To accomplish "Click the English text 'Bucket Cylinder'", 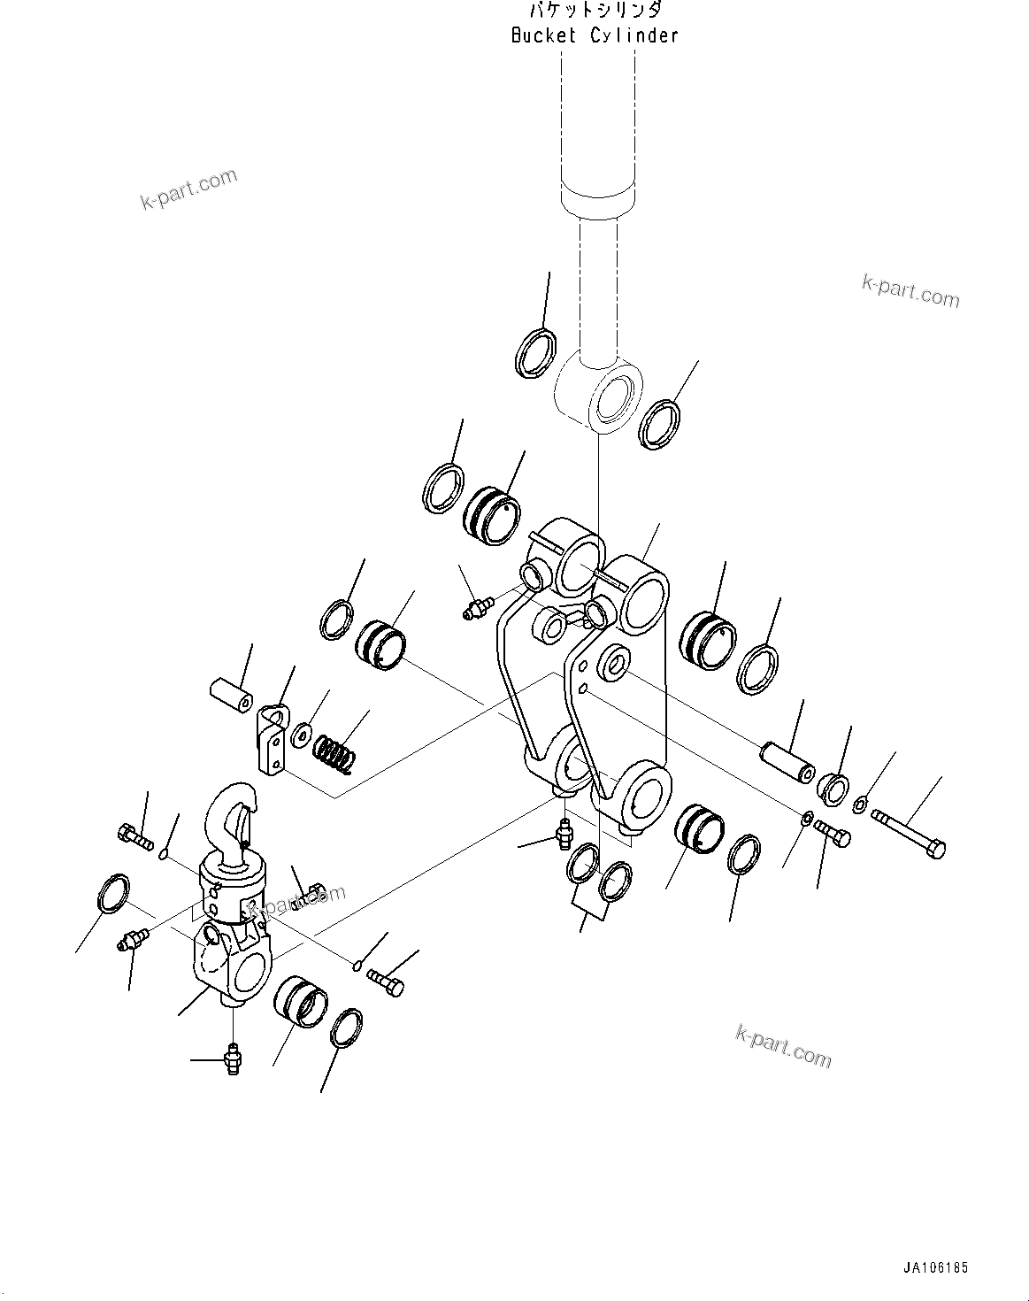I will coord(595,36).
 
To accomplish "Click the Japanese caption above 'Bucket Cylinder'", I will coord(595,12).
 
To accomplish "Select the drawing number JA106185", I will coord(936,1268).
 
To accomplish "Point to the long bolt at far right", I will coord(909,832).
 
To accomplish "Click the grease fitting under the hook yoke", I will coord(232,1058).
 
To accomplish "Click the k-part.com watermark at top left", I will coord(188,189).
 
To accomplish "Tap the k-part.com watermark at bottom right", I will coord(783,1045).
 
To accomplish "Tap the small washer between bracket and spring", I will coord(302,733).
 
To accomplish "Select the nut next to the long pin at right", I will coord(832,785).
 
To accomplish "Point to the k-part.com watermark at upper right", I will coord(910,290).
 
